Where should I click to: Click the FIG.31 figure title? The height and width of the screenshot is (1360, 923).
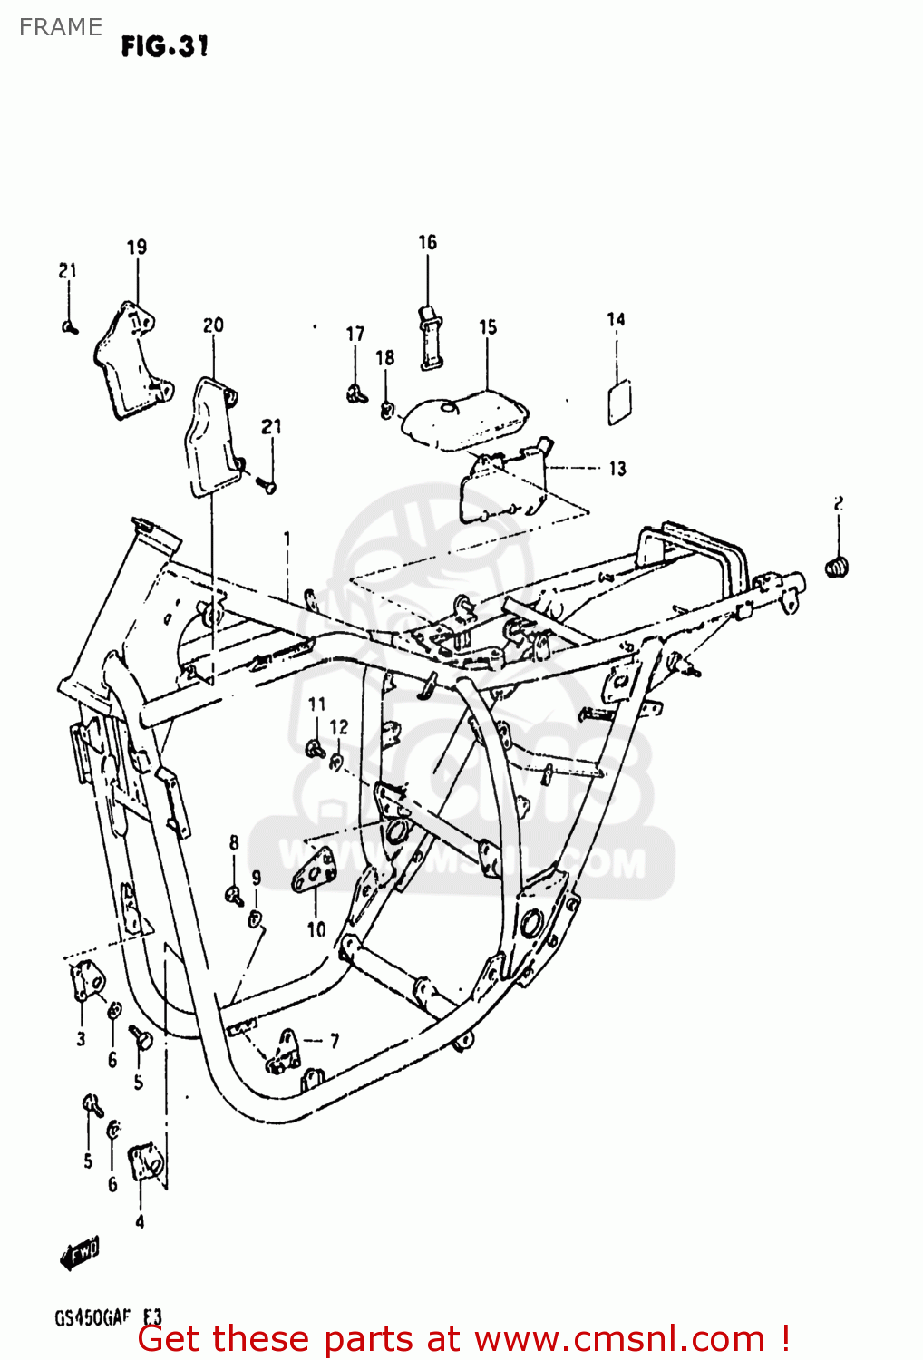tap(165, 46)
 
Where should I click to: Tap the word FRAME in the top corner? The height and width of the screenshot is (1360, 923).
tap(60, 27)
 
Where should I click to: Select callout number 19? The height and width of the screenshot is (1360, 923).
tap(137, 248)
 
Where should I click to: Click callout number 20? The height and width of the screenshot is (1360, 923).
tap(213, 325)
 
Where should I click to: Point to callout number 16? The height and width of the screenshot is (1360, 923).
tap(427, 242)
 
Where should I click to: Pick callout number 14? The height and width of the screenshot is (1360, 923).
tap(616, 319)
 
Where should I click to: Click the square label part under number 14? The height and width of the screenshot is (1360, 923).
tap(619, 403)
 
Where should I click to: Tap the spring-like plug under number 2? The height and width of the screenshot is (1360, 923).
tap(839, 567)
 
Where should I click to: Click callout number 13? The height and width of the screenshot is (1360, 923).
tap(617, 469)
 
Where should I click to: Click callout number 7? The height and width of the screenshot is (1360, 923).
tap(335, 1040)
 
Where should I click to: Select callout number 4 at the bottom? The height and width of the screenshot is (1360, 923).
tap(140, 1221)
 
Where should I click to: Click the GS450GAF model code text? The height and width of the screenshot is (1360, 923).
tap(93, 1317)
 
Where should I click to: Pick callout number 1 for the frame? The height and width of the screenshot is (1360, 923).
tap(287, 539)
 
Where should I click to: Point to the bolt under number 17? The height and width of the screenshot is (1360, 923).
tap(355, 393)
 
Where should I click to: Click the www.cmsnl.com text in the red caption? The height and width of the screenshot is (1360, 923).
tap(619, 1339)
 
